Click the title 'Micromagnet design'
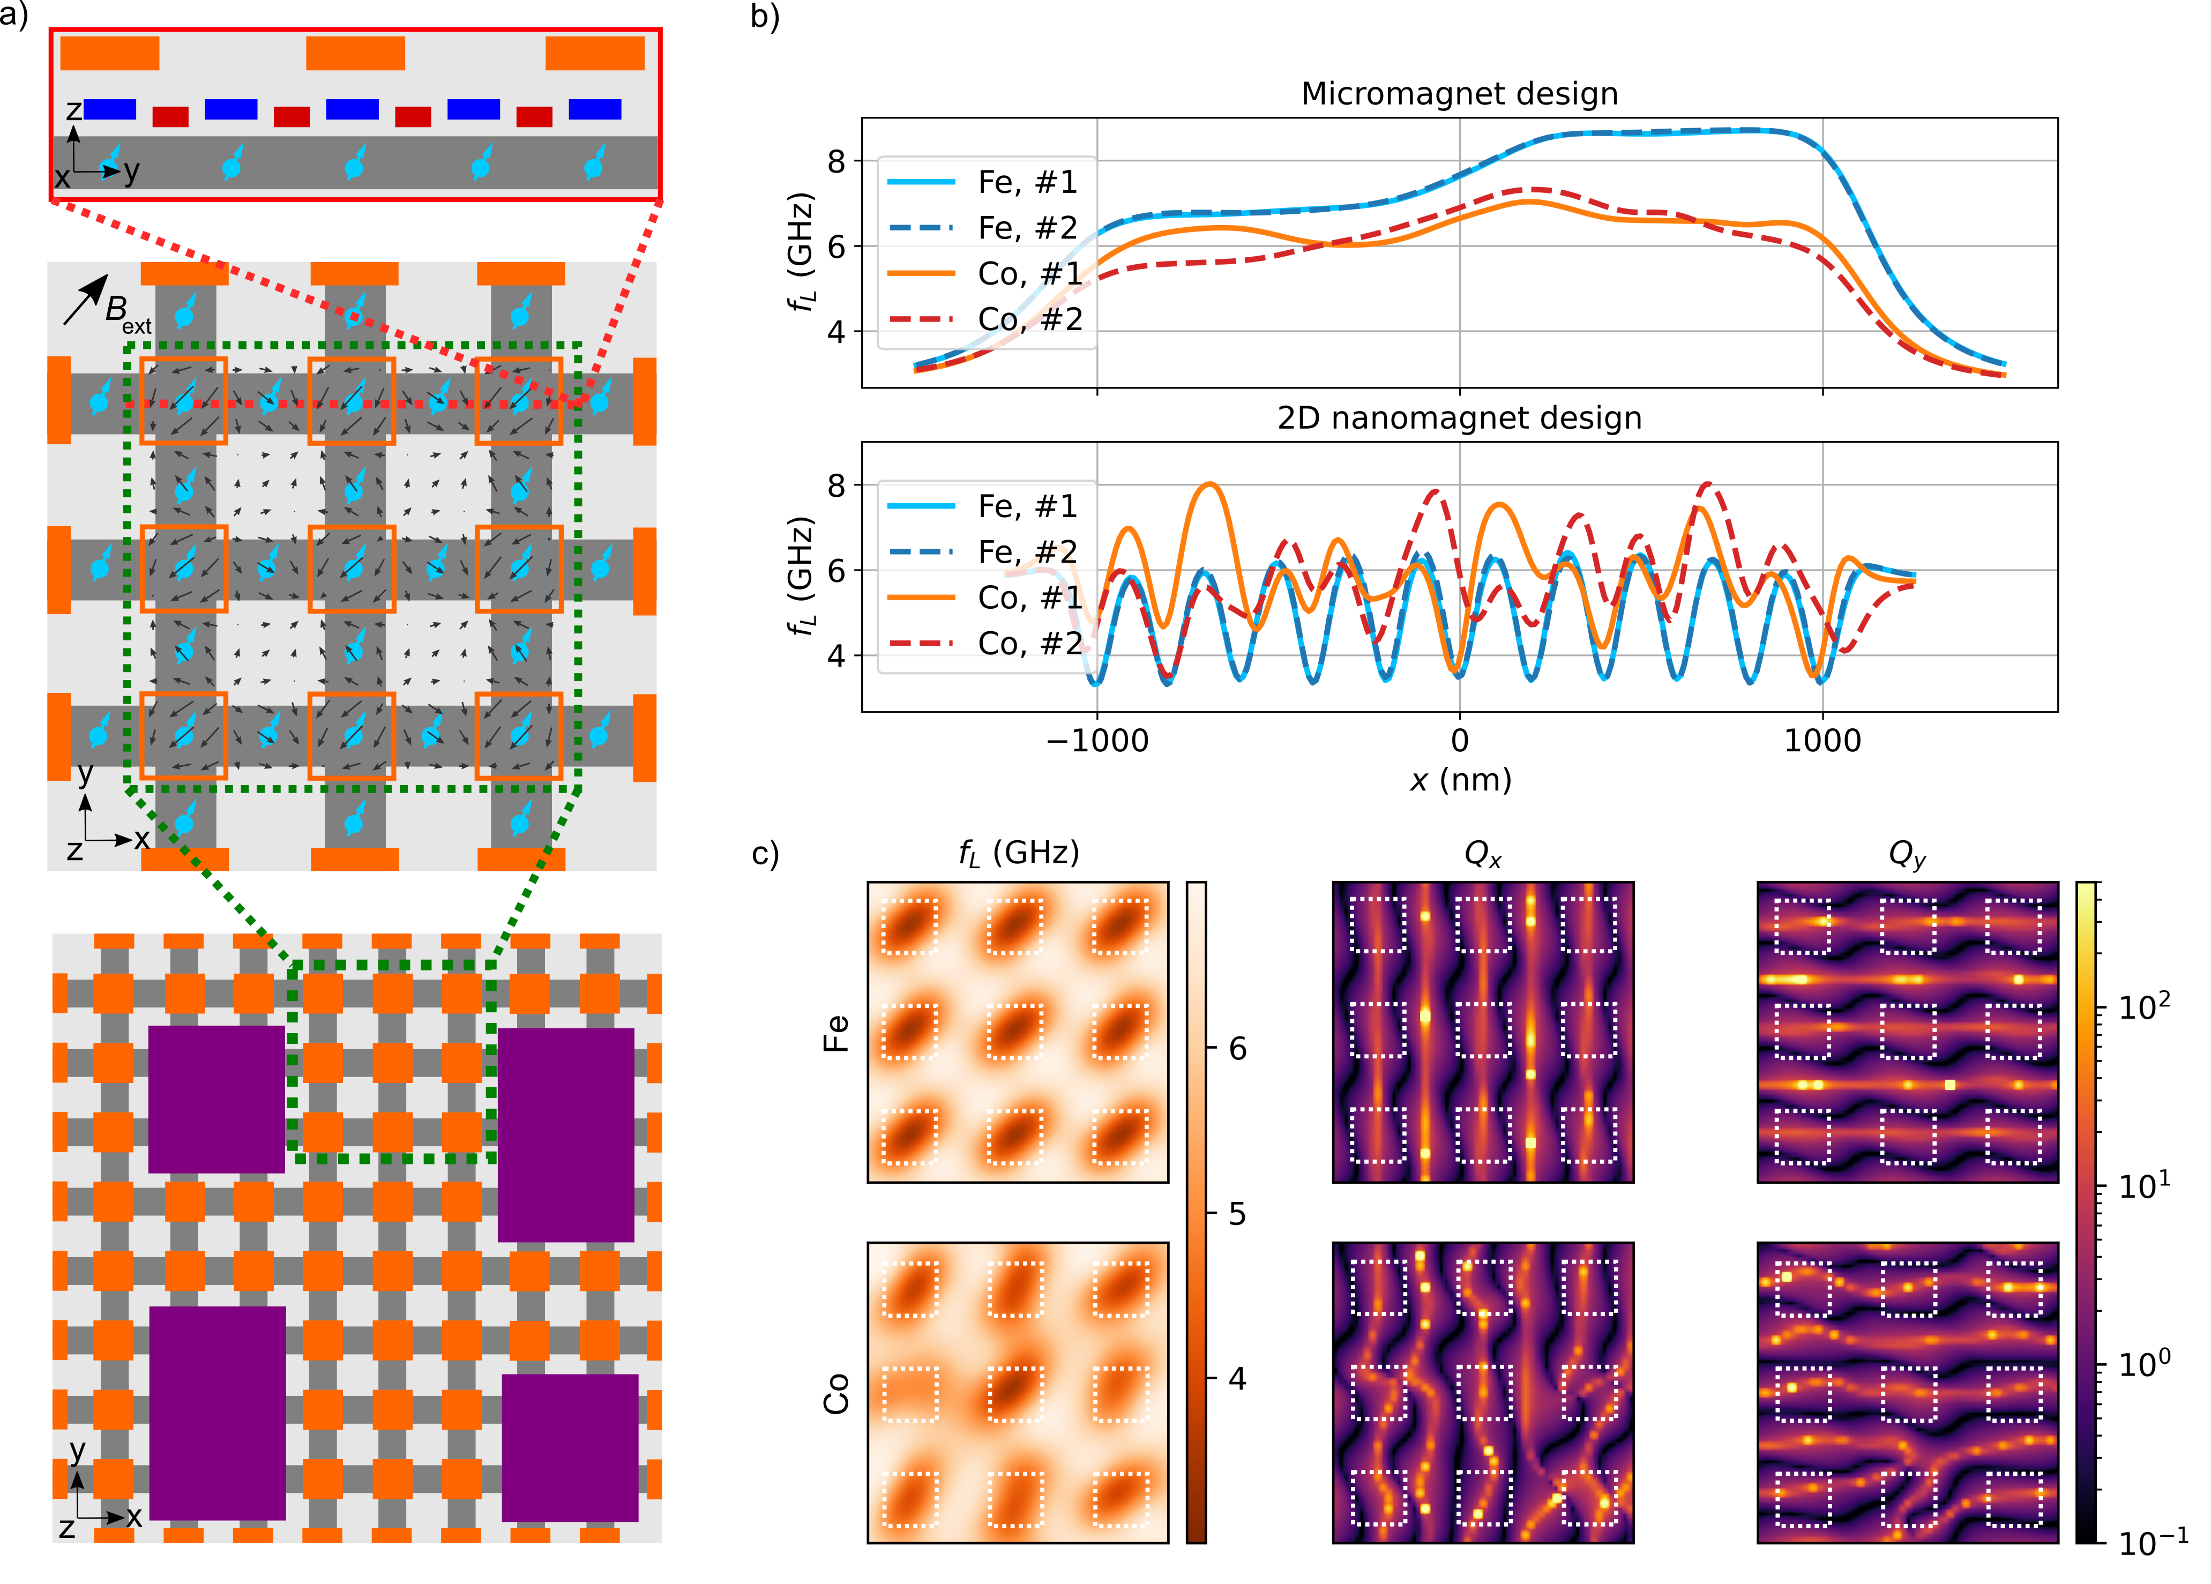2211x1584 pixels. click(1459, 94)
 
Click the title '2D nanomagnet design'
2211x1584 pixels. click(1459, 418)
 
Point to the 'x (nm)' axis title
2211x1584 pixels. click(1459, 780)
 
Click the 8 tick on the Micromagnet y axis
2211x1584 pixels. click(836, 161)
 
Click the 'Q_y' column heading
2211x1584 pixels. click(1906, 855)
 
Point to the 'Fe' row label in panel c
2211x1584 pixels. click(836, 1033)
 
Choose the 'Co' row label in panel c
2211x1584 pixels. click(836, 1394)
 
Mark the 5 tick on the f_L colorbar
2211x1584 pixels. click(1236, 1214)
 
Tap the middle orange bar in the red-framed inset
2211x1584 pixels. click(355, 54)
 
